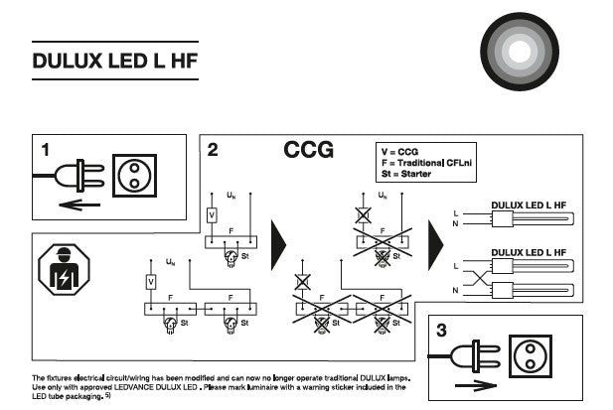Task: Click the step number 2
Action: pyautogui.click(x=213, y=150)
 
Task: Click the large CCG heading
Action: pyautogui.click(x=308, y=151)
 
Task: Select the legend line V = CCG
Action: pyautogui.click(x=399, y=151)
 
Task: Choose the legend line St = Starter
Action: pyautogui.click(x=408, y=175)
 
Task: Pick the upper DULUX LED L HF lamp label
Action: pyautogui.click(x=530, y=205)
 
